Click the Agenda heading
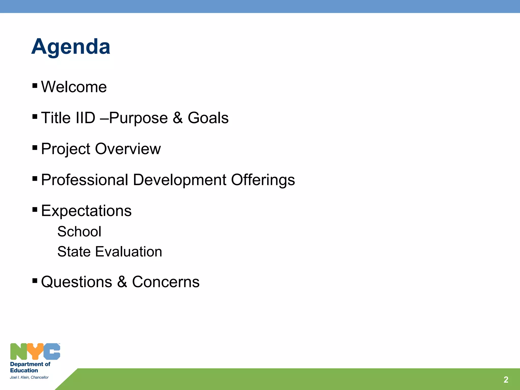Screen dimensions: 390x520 [71, 47]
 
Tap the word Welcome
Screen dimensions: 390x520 [74, 87]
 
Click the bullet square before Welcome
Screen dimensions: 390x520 [35, 85]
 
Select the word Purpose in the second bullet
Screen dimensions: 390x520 [139, 118]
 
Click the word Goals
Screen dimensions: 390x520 [208, 118]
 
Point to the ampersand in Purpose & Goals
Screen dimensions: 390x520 [178, 118]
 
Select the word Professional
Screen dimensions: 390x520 [85, 180]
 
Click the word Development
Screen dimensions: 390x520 [180, 180]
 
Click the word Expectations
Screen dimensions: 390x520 [86, 211]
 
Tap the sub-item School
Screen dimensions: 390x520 [79, 232]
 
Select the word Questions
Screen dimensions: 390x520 [76, 282]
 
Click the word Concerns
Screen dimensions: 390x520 [166, 282]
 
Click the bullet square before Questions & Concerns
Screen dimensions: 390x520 [35, 280]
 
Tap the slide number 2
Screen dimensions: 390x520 [506, 380]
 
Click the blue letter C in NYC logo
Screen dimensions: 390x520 [52, 352]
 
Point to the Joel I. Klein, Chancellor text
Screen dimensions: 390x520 [29, 377]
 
